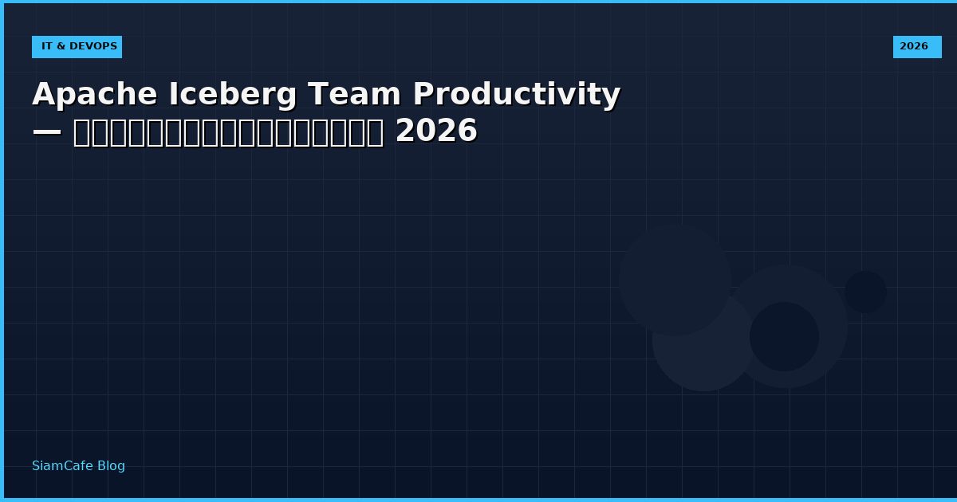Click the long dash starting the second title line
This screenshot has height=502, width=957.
pyautogui.click(x=47, y=131)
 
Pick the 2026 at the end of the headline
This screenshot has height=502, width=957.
pyautogui.click(x=436, y=131)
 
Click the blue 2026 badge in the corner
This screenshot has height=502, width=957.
pyautogui.click(x=916, y=47)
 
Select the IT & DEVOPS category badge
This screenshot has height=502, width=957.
pyautogui.click(x=77, y=47)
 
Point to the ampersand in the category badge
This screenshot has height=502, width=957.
pyautogui.click(x=60, y=47)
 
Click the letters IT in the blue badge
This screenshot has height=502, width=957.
pyautogui.click(x=47, y=47)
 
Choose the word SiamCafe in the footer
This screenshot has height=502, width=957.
pyautogui.click(x=62, y=466)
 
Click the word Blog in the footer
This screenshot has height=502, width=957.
pyautogui.click(x=111, y=466)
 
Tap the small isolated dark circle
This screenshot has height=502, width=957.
pyautogui.click(x=865, y=292)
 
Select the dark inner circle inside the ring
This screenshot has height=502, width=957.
pyautogui.click(x=784, y=336)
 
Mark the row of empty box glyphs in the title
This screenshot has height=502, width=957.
pyautogui.click(x=228, y=132)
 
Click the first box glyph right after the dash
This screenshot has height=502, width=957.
pyautogui.click(x=81, y=132)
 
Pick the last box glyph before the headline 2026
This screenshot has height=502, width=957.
pyautogui.click(x=375, y=132)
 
